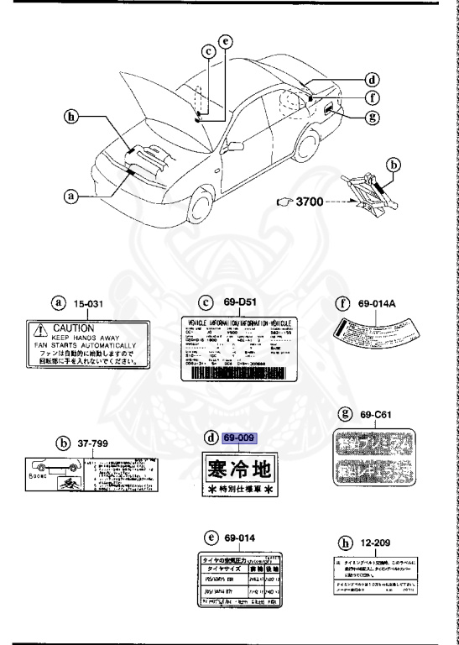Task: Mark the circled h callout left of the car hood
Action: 73,118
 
